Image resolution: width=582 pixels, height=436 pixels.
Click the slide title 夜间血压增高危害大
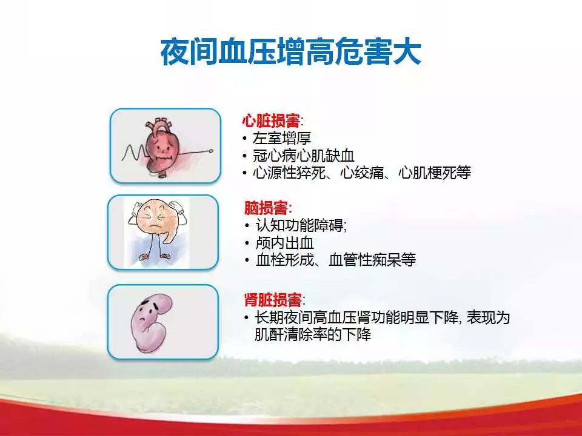pos(290,52)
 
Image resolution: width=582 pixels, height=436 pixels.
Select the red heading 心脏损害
pos(270,121)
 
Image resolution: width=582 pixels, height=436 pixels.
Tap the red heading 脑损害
pos(266,208)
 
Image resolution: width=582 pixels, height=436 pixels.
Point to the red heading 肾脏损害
pos(273,300)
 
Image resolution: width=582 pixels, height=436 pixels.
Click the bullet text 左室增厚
pos(281,138)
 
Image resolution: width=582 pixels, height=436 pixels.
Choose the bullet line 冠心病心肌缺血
pos(304,156)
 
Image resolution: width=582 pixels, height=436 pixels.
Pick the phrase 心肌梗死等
pos(435,173)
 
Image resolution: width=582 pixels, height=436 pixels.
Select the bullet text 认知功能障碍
pos(300,225)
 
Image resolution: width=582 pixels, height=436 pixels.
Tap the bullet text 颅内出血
pos(285,243)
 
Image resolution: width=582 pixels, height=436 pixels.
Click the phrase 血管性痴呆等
pos(372,260)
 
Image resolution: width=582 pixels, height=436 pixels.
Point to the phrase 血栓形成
pos(285,260)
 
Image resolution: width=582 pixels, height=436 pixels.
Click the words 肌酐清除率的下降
pos(313,334)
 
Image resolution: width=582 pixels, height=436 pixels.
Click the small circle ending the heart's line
pos(212,151)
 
